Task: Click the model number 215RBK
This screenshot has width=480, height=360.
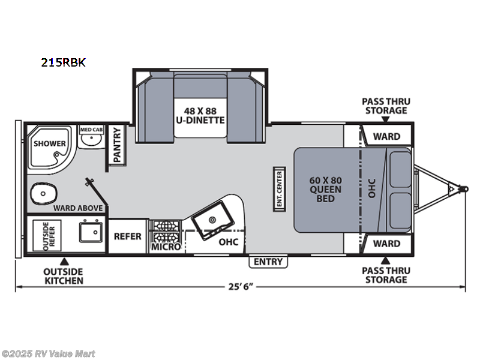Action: [x=64, y=62]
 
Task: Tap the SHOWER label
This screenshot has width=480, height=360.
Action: [x=50, y=143]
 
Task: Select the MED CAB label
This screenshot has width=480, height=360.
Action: [x=91, y=130]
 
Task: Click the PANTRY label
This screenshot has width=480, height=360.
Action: [x=117, y=145]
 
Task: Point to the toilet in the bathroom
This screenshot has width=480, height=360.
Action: [x=44, y=193]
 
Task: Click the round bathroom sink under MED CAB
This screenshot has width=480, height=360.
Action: [x=91, y=140]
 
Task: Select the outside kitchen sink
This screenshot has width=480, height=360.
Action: [x=91, y=232]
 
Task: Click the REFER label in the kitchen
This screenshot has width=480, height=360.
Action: [x=128, y=236]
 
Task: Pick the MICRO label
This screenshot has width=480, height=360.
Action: [x=166, y=247]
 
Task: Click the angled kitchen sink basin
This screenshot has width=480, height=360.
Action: [x=213, y=220]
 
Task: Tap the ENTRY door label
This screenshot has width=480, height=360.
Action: [x=268, y=262]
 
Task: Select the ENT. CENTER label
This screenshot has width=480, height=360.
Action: [x=279, y=189]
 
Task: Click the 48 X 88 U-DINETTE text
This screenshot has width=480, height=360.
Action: [x=200, y=115]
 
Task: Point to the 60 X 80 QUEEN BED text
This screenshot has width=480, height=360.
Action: [x=325, y=189]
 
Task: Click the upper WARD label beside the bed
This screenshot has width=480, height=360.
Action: [x=386, y=137]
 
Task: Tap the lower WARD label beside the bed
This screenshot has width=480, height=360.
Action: [x=386, y=244]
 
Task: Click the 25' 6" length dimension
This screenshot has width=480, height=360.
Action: [x=241, y=287]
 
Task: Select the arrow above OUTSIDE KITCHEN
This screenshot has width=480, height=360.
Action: [x=64, y=262]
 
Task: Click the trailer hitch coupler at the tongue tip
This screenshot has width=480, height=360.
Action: [x=464, y=189]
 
